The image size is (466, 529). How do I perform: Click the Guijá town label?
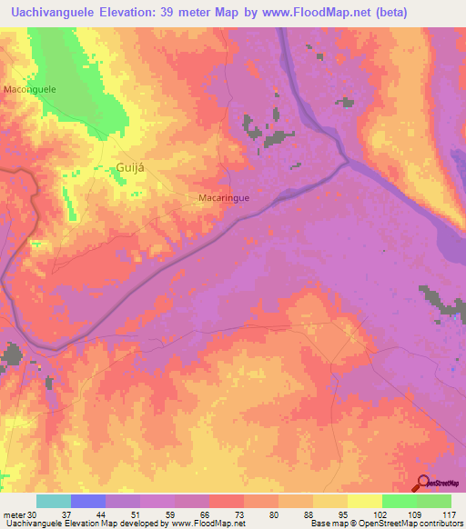130,166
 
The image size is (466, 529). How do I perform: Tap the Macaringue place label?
224,196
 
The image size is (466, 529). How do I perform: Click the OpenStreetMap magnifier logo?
424,483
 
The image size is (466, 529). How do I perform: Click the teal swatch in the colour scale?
54,501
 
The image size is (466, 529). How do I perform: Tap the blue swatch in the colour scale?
88,501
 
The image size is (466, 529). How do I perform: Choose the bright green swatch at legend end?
434,501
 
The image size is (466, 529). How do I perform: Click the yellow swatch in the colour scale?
364,501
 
